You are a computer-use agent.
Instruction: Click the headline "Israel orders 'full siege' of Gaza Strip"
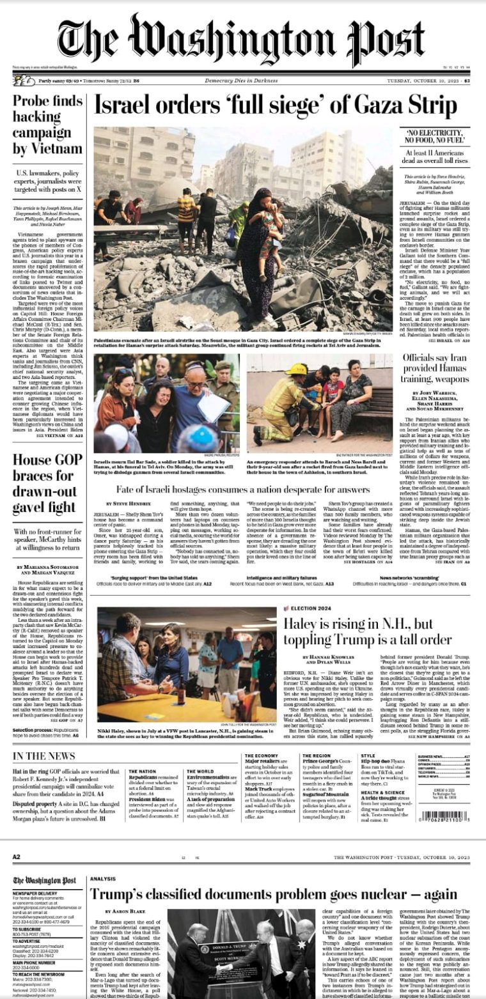click(276, 106)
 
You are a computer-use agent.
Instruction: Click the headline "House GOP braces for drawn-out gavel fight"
click(44, 483)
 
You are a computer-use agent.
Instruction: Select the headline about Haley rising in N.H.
click(368, 631)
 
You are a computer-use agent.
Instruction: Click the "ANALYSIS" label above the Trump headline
click(103, 879)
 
